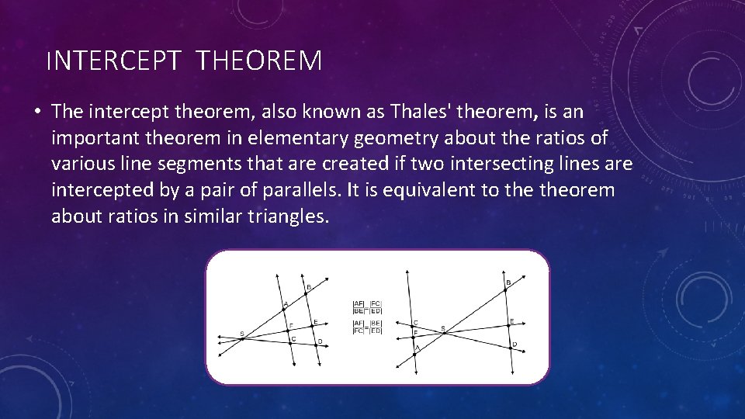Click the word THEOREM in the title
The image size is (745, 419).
(259, 61)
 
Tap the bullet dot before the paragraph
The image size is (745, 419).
(36, 112)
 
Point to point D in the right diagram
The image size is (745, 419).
(510, 348)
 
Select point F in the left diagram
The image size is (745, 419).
(287, 330)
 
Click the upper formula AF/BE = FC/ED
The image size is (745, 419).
(368, 307)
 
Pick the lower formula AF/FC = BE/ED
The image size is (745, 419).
(368, 327)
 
